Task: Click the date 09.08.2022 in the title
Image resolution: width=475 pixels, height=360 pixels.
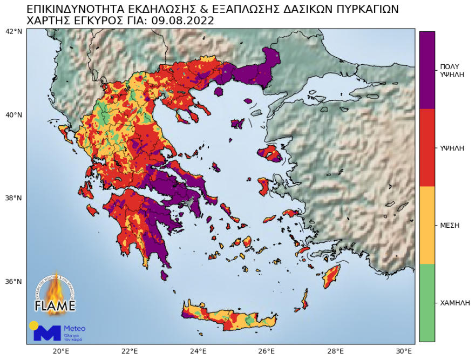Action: point(182,21)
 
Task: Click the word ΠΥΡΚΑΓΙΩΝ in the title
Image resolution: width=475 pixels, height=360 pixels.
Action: point(363,9)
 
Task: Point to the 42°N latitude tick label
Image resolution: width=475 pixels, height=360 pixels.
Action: point(13,31)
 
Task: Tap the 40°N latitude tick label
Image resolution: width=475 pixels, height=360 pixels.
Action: point(13,115)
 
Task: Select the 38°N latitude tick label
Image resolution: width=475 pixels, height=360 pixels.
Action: point(13,198)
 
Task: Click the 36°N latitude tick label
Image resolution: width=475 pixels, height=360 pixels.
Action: point(13,282)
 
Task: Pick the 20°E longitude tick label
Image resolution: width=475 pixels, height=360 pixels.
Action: point(60,351)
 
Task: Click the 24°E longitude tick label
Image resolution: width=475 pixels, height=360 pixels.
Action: point(198,351)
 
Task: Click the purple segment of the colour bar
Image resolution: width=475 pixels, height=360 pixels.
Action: point(427,70)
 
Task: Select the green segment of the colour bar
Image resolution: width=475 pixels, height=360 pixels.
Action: point(427,302)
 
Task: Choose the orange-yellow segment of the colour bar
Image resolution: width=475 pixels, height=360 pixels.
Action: point(427,225)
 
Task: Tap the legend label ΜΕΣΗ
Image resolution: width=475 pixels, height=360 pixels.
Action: point(450,225)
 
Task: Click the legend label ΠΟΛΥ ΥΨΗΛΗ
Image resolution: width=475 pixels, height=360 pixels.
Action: point(452,70)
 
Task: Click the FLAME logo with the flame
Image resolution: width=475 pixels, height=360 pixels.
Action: point(55,294)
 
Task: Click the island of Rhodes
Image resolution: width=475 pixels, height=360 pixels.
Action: point(331,276)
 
